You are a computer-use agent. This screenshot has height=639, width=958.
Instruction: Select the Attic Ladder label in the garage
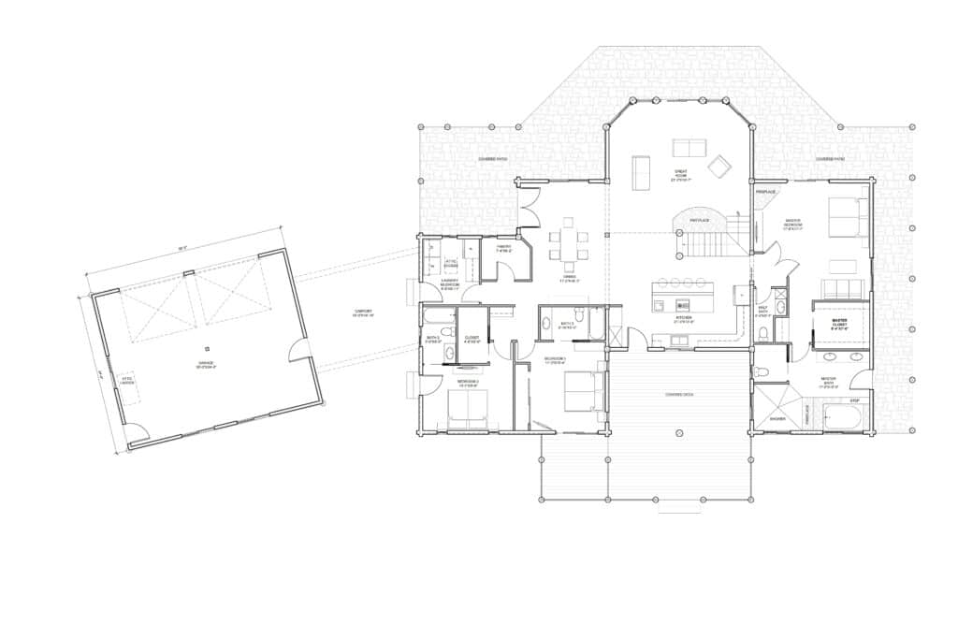point(126,380)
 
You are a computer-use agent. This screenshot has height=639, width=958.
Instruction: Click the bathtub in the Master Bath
point(846,415)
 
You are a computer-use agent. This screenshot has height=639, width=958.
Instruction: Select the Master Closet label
point(839,325)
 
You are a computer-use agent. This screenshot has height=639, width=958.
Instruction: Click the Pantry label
point(503,248)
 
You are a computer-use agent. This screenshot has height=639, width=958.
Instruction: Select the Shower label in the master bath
point(777,418)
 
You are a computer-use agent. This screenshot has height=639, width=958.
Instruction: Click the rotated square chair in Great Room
point(719,166)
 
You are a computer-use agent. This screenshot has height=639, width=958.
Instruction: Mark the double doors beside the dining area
point(530,206)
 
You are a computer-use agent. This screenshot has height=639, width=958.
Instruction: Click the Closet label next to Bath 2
point(472,340)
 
